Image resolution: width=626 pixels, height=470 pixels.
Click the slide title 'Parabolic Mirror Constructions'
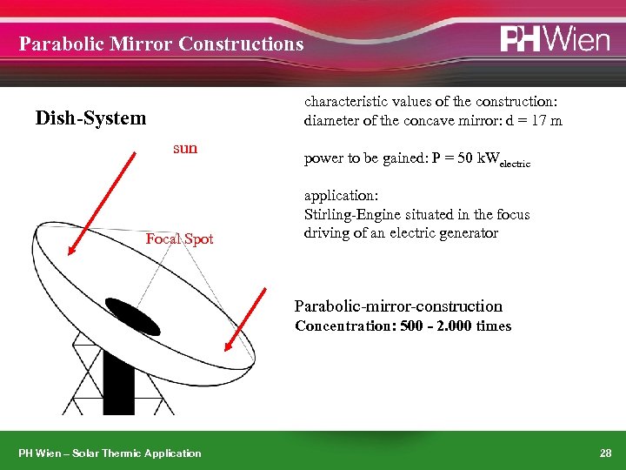162,44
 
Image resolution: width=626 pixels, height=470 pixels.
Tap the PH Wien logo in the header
554,40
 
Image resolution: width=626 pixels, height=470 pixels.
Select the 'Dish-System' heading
90,117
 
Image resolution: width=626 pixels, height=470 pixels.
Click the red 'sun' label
185,148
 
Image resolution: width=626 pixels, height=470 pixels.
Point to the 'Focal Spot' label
179,238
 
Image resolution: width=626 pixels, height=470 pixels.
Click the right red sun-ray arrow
246,319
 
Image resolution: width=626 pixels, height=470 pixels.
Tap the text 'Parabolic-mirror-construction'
398,305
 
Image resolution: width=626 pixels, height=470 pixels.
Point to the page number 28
605,453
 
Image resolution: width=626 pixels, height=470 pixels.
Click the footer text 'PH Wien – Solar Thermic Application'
110,453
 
